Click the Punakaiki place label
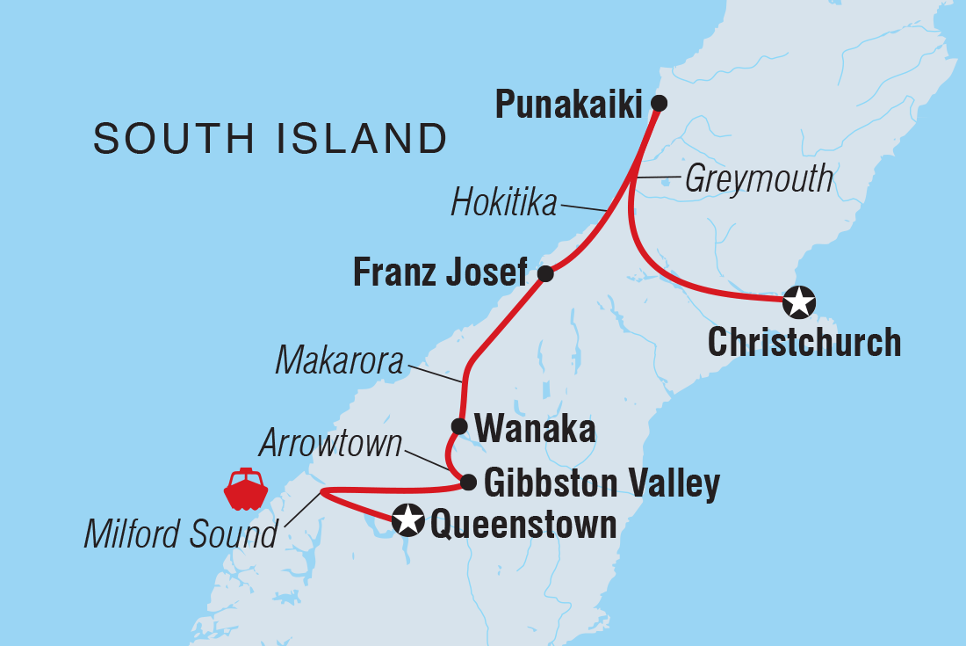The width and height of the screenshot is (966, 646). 568,105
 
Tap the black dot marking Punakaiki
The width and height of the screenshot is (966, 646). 660,103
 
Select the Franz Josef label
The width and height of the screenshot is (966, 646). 440,274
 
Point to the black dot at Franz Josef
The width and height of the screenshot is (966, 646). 545,273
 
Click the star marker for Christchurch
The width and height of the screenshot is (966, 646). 798,301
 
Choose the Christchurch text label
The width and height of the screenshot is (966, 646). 804,343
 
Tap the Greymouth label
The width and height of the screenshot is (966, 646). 759,179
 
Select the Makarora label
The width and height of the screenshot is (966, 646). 340,360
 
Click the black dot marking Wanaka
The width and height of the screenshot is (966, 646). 459,427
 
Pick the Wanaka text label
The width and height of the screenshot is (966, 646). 535,430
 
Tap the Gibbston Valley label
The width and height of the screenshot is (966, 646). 602,483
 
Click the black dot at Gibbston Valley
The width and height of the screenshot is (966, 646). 469,482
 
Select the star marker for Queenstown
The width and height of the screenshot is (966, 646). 407,519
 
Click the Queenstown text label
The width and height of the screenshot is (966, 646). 523,525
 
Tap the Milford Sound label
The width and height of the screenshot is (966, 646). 180,533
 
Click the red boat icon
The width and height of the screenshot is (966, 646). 245,490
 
